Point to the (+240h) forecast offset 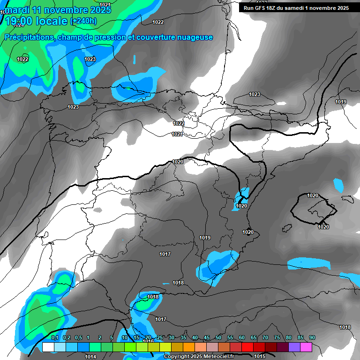tap(83, 21)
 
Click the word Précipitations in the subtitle tap(28, 37)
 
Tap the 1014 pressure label tap(90, 357)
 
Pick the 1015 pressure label tap(273, 357)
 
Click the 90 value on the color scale tap(312, 337)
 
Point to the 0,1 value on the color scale tap(55, 337)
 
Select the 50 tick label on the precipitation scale tap(218, 337)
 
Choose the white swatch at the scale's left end tap(48, 347)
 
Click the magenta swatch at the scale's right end tap(306, 347)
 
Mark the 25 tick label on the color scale tap(160, 337)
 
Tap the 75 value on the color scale tap(277, 337)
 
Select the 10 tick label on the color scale tap(125, 337)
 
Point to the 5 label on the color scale tap(112, 337)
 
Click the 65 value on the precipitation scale tap(254, 337)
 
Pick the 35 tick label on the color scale tap(183, 337)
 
